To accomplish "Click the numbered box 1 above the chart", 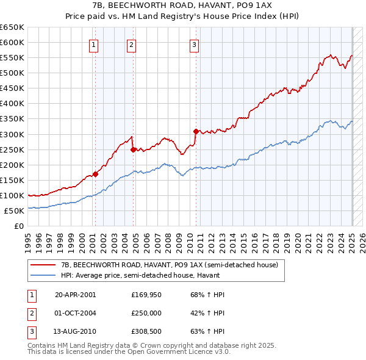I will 94,43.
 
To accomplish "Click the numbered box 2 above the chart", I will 132,43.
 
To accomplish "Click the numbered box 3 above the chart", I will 194,43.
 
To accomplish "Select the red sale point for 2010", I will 196,131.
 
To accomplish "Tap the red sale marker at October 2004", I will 133,149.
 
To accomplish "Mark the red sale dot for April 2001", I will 96,174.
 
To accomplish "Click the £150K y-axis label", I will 12,180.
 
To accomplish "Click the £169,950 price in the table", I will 146,295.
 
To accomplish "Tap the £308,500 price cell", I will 146,333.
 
